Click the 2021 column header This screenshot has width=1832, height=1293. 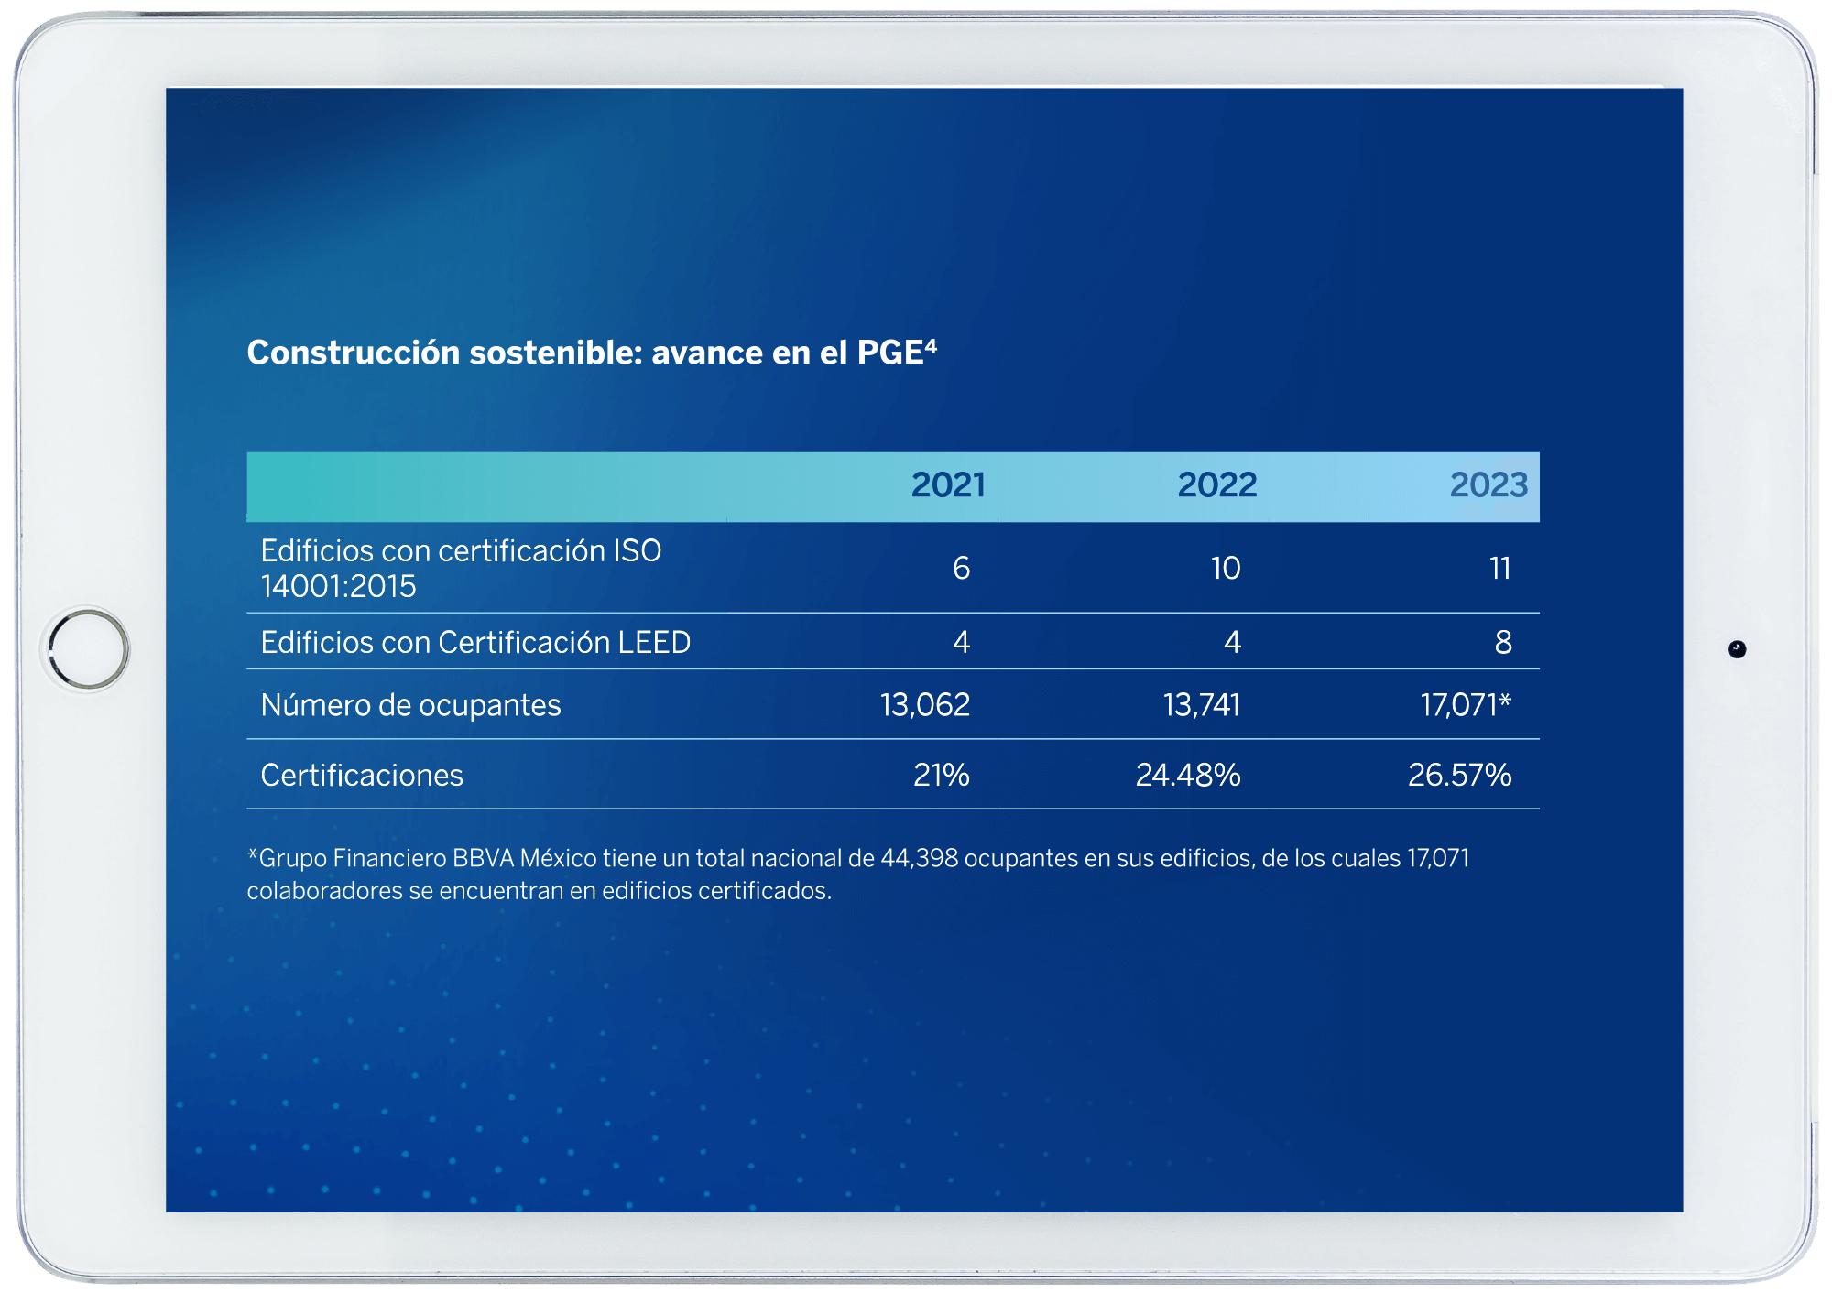click(x=948, y=485)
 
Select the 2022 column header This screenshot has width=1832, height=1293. click(x=1216, y=485)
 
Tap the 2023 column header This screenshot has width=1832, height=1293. click(x=1488, y=485)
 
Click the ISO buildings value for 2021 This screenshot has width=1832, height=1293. click(x=961, y=569)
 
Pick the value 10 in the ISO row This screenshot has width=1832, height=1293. click(x=1226, y=569)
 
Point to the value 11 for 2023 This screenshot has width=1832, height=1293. click(x=1499, y=569)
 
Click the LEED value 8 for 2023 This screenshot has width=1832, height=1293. click(x=1503, y=643)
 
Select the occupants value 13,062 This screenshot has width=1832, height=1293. click(x=925, y=705)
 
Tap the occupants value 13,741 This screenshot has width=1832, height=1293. click(x=1201, y=705)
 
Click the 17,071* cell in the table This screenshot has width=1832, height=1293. click(x=1466, y=705)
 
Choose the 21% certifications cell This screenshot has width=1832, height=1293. click(x=941, y=776)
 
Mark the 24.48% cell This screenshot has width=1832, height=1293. click(x=1188, y=776)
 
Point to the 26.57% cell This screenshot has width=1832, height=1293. click(x=1459, y=776)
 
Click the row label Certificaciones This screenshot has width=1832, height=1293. click(x=362, y=776)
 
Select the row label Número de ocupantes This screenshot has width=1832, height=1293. click(x=410, y=705)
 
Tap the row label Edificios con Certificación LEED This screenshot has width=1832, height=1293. click(x=475, y=643)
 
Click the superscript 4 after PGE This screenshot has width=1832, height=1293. click(x=931, y=345)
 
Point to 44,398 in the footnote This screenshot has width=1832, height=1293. click(x=919, y=859)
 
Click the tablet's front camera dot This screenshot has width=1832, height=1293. click(x=1737, y=649)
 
